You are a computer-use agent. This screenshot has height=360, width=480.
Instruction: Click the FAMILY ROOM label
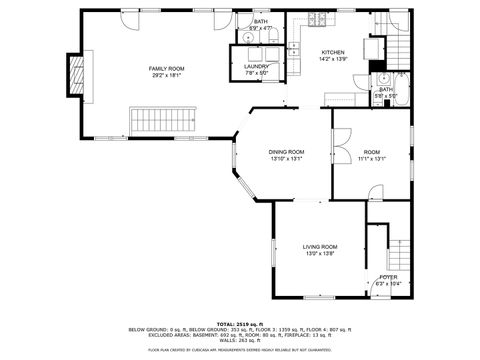pyautogui.click(x=166, y=68)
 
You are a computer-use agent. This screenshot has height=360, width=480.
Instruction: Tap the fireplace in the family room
pyautogui.click(x=73, y=72)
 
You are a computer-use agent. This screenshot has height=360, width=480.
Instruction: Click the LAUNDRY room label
pyautogui.click(x=258, y=66)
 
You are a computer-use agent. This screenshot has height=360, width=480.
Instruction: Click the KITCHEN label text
pyautogui.click(x=333, y=52)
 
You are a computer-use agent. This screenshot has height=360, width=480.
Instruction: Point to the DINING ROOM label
pyautogui.click(x=285, y=151)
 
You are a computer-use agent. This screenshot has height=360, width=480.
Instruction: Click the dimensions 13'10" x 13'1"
pyautogui.click(x=285, y=158)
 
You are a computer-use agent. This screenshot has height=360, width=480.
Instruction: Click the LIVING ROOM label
pyautogui.click(x=320, y=246)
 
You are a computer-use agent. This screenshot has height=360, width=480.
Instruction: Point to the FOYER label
pyautogui.click(x=387, y=277)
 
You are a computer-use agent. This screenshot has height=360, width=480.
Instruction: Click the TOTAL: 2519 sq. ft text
pyautogui.click(x=239, y=324)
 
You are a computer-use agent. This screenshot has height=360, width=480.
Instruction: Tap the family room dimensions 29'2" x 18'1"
pyautogui.click(x=166, y=75)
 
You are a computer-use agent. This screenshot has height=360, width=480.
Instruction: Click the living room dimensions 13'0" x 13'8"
pyautogui.click(x=320, y=253)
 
